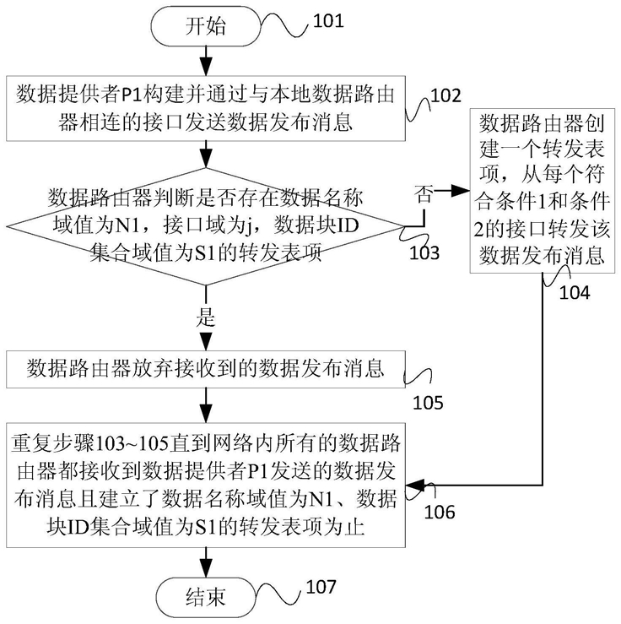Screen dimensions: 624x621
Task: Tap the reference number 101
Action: tap(328, 19)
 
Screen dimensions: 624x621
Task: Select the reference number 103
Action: tap(424, 252)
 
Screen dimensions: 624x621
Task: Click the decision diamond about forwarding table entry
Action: tap(206, 225)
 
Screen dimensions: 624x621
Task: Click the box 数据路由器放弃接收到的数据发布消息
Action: tap(206, 369)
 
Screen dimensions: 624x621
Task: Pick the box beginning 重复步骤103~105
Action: tap(206, 484)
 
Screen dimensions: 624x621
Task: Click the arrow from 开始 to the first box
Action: tap(206, 58)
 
